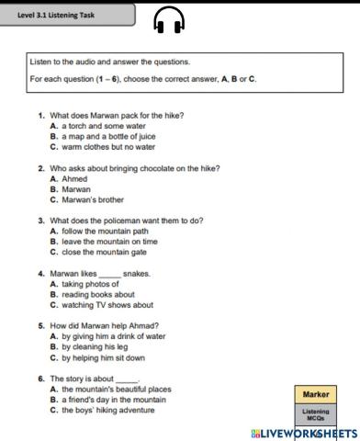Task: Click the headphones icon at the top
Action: (170, 19)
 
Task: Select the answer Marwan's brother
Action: (96, 198)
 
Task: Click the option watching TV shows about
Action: (107, 305)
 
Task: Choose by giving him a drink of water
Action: (113, 337)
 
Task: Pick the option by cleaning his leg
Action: (96, 347)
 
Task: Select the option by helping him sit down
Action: (103, 357)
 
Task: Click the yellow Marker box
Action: (317, 394)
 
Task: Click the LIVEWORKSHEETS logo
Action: (303, 431)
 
